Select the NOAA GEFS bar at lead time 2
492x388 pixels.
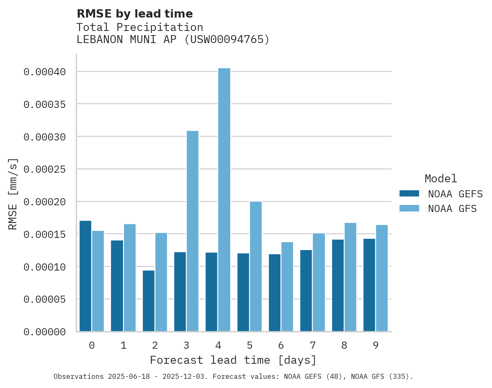pos(148,301)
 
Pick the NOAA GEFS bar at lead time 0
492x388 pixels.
pos(85,276)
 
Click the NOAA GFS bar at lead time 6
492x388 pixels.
pos(287,287)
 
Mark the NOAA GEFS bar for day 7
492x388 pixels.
pos(306,291)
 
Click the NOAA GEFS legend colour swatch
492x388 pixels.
pos(409,193)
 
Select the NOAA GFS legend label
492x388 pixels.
pos(452,208)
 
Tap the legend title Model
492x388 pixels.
pos(440,179)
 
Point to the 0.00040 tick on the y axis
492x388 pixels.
pos(45,72)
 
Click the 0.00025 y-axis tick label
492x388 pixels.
pos(45,169)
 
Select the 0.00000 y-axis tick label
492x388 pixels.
pos(45,332)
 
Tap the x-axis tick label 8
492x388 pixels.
pos(344,345)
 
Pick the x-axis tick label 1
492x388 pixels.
pos(124,345)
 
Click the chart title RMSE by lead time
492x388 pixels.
pos(134,14)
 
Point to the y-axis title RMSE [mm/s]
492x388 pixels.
pos(13,194)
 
